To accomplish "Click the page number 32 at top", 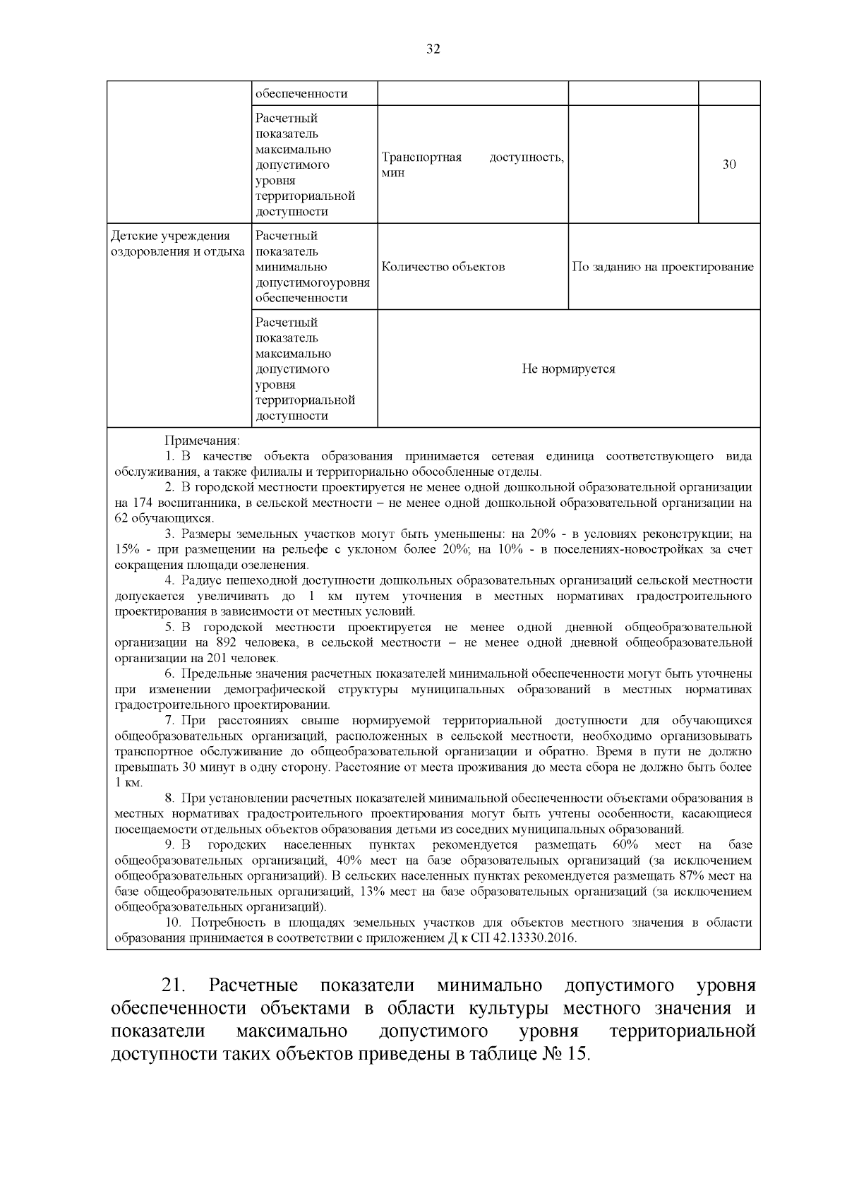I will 433,49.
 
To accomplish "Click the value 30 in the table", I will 729,164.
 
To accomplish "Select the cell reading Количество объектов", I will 443,267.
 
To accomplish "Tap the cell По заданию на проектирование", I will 663,267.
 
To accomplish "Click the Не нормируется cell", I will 568,369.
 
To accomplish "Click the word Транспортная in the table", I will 421,157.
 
